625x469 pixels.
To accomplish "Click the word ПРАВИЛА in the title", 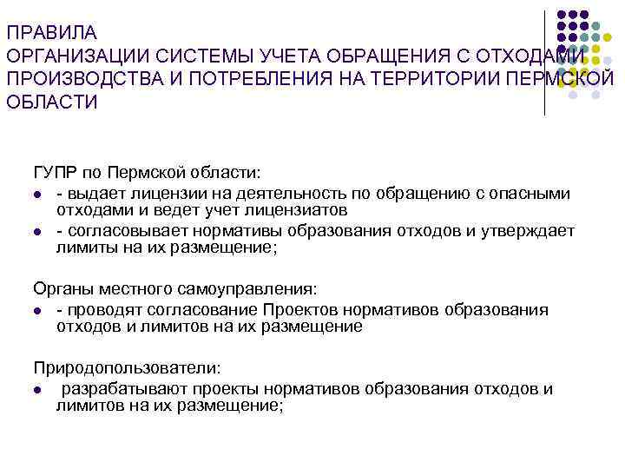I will click(x=51, y=34).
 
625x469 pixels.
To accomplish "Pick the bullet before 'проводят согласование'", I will click(x=39, y=310).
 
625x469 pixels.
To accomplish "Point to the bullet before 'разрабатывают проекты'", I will click(x=39, y=389).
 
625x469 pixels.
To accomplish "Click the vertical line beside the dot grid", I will click(x=545, y=61).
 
